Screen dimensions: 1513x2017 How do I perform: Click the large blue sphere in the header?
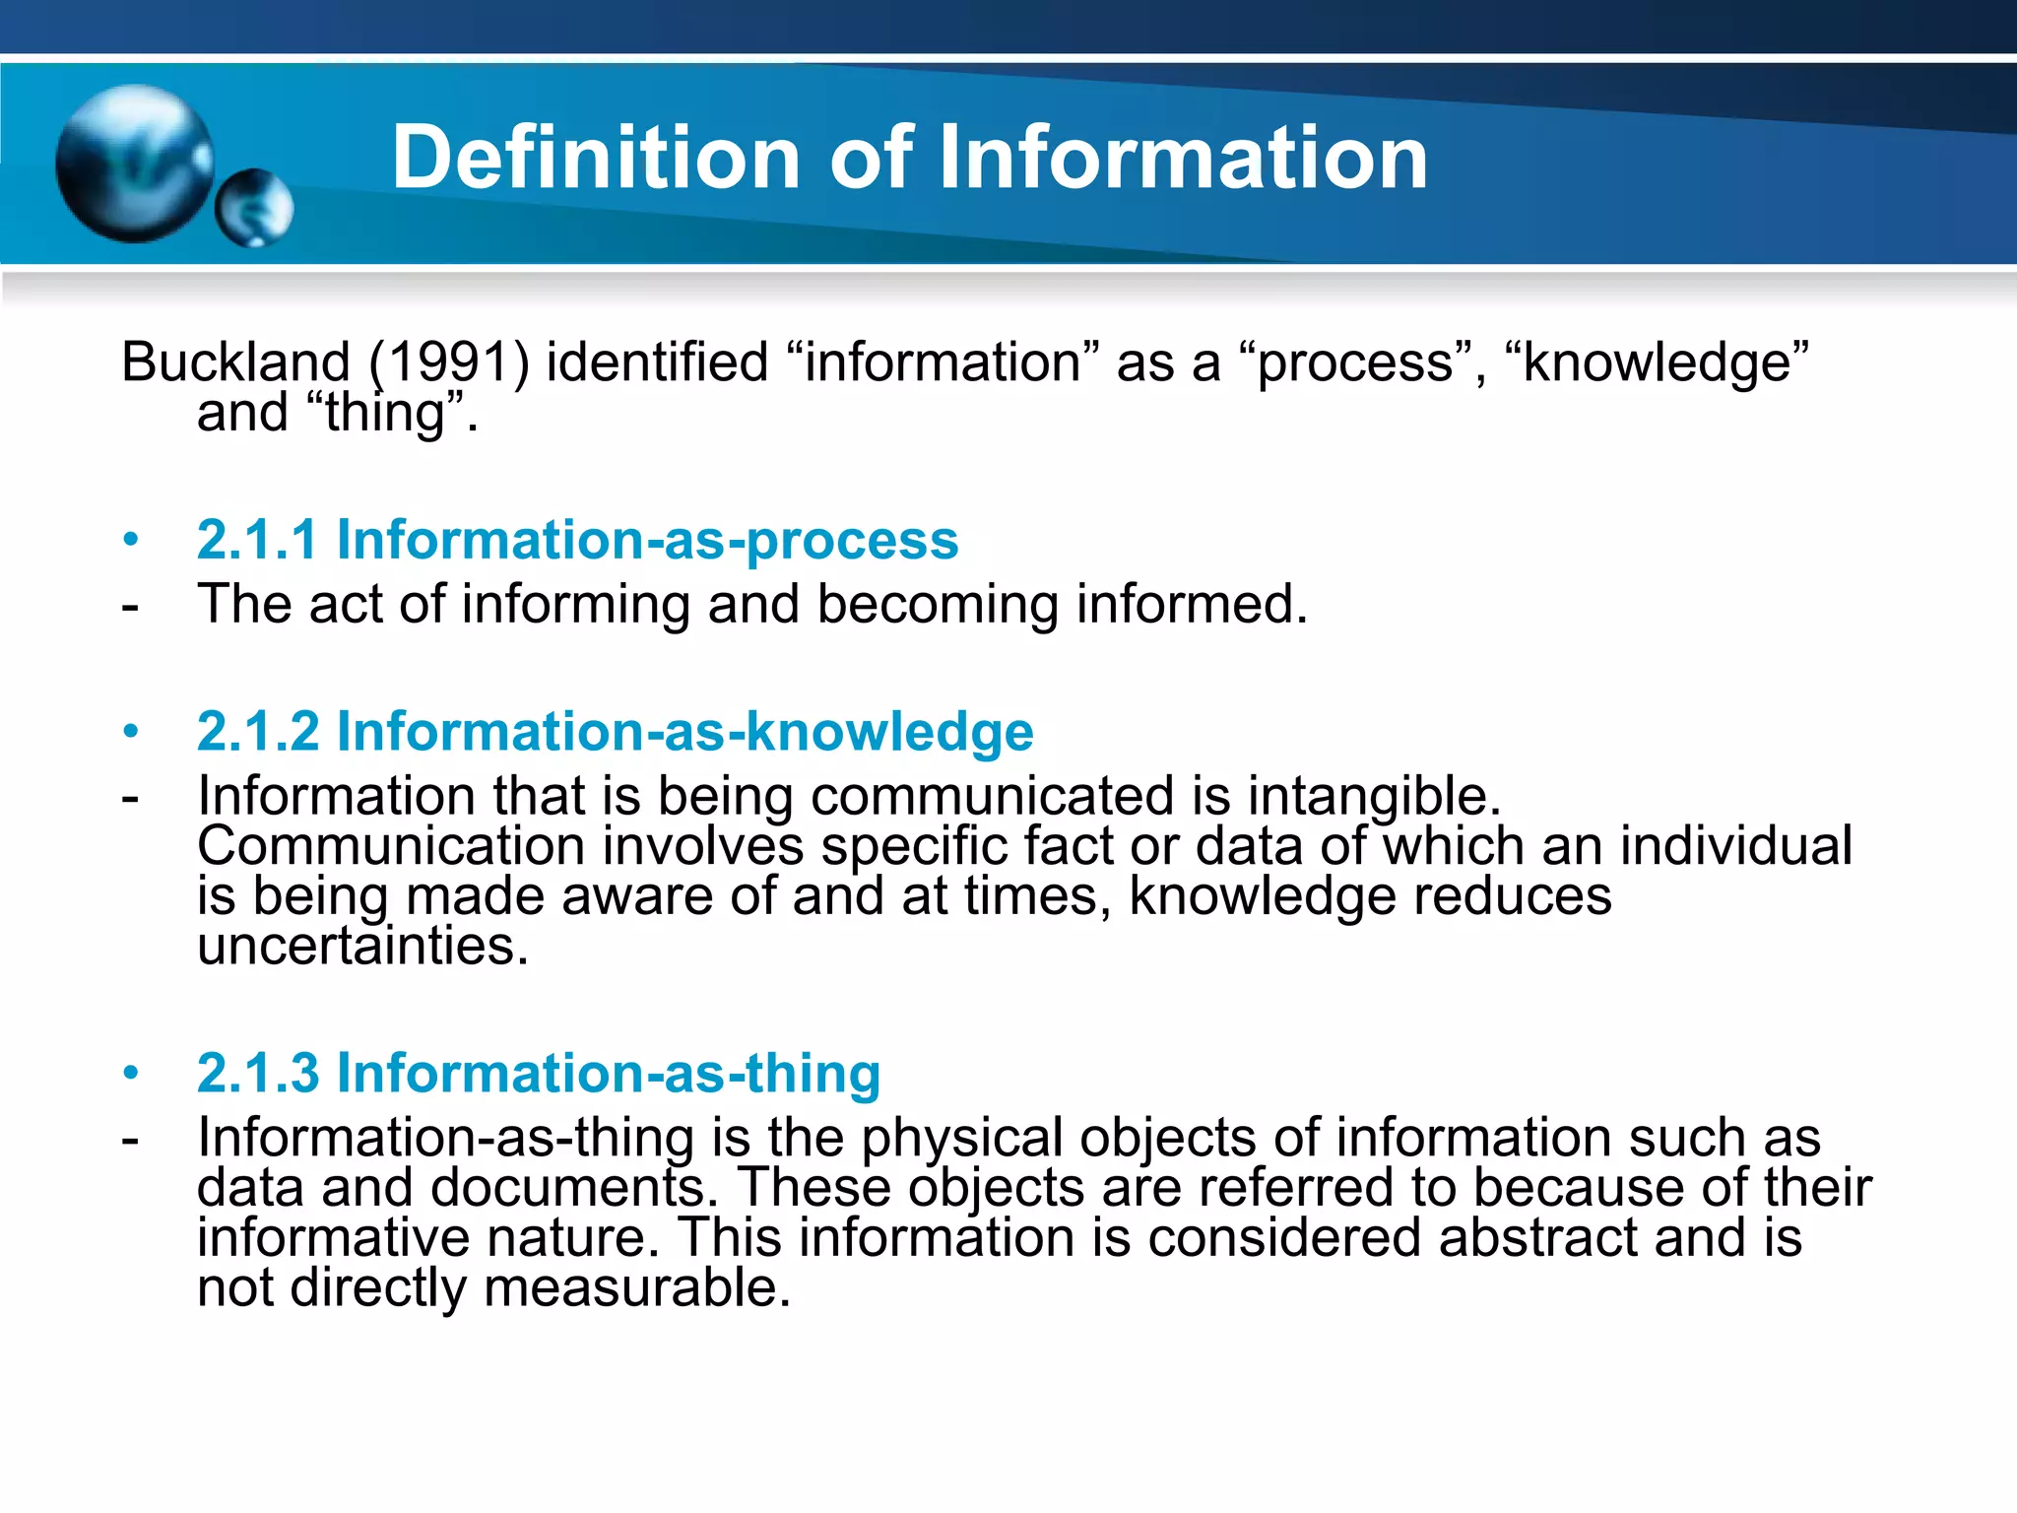point(134,164)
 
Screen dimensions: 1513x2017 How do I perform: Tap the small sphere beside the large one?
point(254,207)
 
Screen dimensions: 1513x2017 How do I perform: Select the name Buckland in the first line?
point(235,362)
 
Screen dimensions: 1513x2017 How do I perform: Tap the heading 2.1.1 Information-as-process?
point(577,540)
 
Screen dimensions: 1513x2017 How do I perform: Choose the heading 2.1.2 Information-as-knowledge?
point(615,731)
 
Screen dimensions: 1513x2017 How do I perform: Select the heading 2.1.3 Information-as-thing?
point(538,1073)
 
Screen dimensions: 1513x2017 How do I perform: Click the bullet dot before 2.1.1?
point(130,541)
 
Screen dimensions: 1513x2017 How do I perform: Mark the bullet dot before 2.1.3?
point(130,1074)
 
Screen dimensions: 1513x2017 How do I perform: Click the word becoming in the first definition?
point(937,604)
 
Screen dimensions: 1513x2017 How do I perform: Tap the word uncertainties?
point(362,946)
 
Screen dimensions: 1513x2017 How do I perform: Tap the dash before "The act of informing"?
point(130,606)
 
